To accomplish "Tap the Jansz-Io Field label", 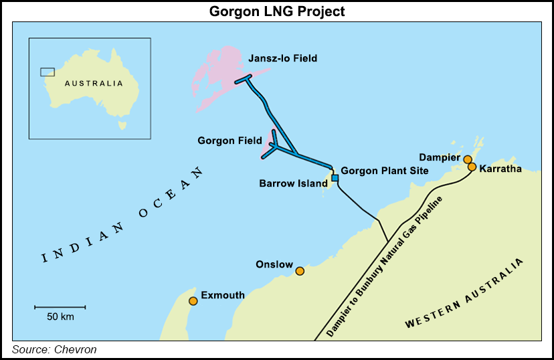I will [282, 59].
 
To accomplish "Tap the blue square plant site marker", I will [335, 178].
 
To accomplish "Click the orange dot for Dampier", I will [467, 159].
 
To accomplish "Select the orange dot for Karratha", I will [472, 167].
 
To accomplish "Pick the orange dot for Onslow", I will [300, 271].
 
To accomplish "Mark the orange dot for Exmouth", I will [193, 301].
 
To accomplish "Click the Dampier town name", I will [440, 158].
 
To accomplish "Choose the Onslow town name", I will [274, 265].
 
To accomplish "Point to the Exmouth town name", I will [223, 295].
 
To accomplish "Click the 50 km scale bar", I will [60, 307].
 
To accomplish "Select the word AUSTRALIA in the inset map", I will [94, 84].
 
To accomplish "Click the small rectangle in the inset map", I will [48, 72].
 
